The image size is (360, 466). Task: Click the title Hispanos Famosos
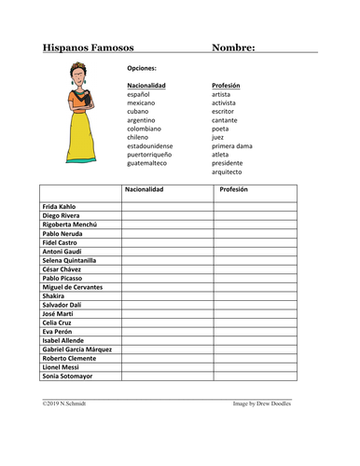89,48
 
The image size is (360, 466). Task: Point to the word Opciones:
142,68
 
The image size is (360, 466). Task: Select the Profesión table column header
233,189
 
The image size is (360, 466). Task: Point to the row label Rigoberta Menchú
70,224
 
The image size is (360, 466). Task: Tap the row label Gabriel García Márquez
77,349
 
